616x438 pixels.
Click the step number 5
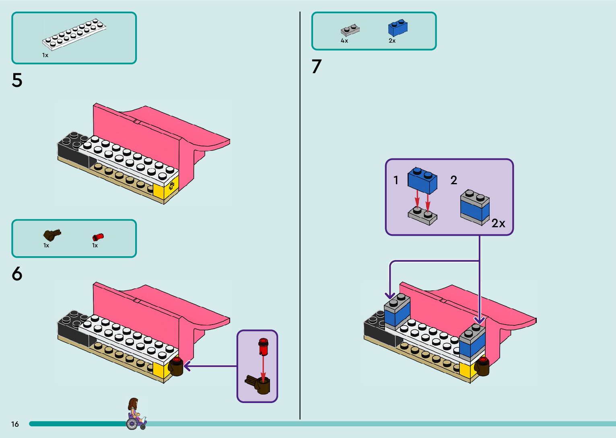tap(17, 80)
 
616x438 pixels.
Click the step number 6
tap(17, 274)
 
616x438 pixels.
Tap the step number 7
tap(317, 66)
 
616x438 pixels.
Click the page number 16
tap(15, 424)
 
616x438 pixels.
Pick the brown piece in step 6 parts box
tap(52, 234)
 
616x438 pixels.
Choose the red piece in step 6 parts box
tap(98, 237)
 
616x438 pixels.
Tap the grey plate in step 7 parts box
tap(350, 30)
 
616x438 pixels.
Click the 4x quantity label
tap(344, 41)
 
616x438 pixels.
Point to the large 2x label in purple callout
tap(498, 223)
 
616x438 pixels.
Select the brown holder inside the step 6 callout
tap(260, 384)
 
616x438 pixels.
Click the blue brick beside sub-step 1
tap(422, 180)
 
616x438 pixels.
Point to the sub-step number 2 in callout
tap(454, 180)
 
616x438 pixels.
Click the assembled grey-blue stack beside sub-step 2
tap(475, 207)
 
